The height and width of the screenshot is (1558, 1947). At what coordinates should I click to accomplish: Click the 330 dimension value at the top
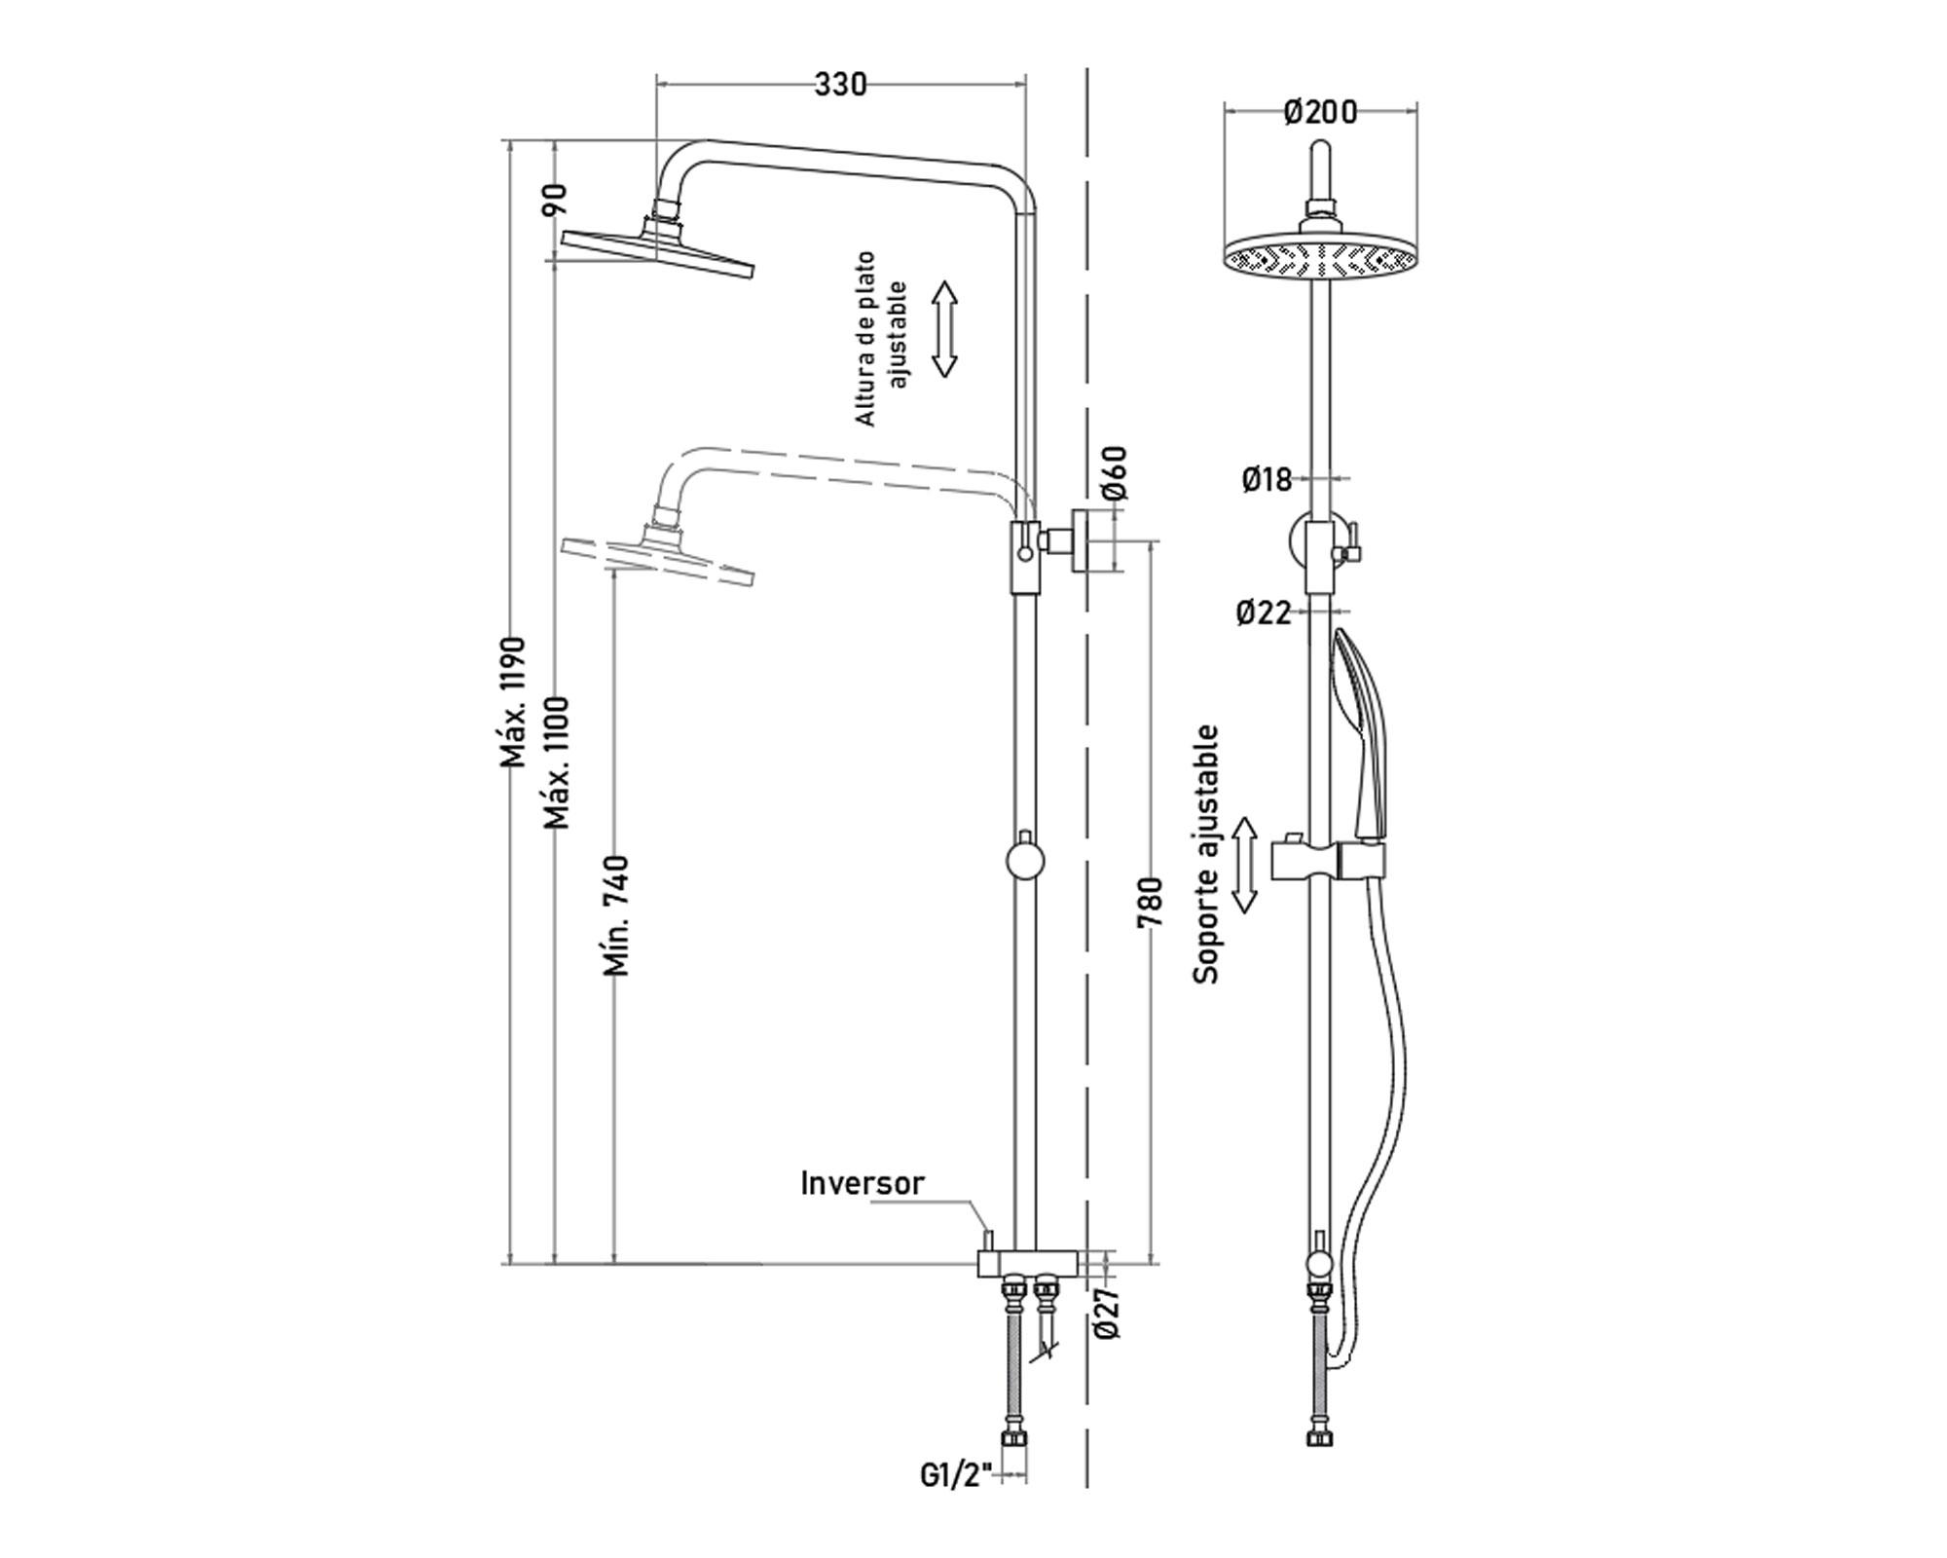tap(840, 85)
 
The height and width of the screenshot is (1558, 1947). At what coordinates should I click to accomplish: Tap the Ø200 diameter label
tap(1320, 112)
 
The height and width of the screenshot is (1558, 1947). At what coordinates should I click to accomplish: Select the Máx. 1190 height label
tap(513, 701)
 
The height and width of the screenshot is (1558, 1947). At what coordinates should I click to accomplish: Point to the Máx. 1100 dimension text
tap(557, 762)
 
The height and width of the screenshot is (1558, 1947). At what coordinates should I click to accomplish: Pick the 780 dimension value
tap(1151, 904)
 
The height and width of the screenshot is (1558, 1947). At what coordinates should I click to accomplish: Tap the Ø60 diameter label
tap(1116, 472)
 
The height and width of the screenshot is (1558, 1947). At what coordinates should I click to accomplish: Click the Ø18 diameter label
tap(1267, 479)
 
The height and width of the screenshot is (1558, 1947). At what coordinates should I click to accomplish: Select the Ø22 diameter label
tap(1264, 612)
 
